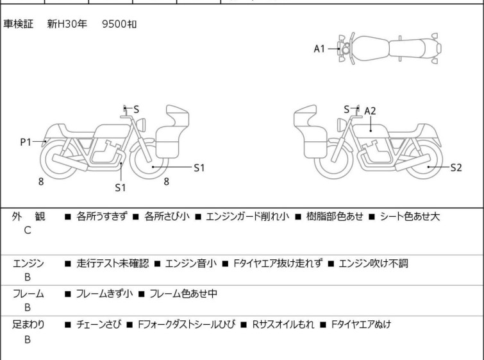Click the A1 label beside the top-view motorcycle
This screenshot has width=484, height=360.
tap(320, 48)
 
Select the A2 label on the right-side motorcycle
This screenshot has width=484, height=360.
tap(370, 110)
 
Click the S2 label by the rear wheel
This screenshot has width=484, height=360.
tap(456, 167)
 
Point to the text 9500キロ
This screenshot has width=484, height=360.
tap(119, 24)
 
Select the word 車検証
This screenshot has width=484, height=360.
tap(18, 24)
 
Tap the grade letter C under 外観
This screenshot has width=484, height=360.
tap(27, 230)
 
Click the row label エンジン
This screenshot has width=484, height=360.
tap(28, 262)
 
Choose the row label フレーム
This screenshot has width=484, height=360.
tap(28, 294)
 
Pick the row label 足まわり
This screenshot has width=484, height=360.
tap(28, 325)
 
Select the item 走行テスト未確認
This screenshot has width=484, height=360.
tap(112, 262)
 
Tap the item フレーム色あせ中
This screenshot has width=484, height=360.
tap(183, 294)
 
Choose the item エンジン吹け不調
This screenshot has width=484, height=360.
tap(373, 262)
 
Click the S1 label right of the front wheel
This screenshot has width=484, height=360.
tap(199, 167)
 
